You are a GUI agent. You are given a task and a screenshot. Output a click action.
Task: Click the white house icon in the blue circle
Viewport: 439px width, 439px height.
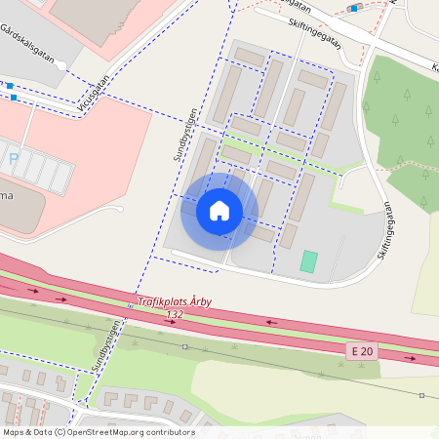coord(219,211)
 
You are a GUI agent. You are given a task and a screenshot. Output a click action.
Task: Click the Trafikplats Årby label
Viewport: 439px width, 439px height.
coord(175,302)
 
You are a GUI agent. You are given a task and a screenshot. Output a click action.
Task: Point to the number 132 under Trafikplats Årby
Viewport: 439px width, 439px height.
coord(175,314)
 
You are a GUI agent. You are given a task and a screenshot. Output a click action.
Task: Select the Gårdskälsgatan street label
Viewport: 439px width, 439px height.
coord(29,43)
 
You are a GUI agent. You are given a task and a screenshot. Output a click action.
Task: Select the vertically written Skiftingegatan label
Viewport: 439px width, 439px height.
coord(383,230)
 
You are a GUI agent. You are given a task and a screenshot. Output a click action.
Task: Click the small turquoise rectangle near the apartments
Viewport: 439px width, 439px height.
coord(309,261)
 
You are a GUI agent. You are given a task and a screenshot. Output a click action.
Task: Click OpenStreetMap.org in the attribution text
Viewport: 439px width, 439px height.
coord(107,432)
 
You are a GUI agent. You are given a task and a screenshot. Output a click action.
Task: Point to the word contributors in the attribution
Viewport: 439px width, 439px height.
coord(172,432)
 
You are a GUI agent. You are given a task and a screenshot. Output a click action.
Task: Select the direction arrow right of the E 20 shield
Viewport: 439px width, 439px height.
coord(410,358)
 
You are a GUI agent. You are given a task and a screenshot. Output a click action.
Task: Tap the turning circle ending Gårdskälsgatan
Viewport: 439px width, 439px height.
coord(62,65)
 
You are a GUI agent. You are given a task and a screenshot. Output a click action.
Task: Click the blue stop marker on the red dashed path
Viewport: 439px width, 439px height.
coord(353,8)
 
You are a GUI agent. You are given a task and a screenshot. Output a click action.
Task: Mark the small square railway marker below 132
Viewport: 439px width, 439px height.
coord(184,346)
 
